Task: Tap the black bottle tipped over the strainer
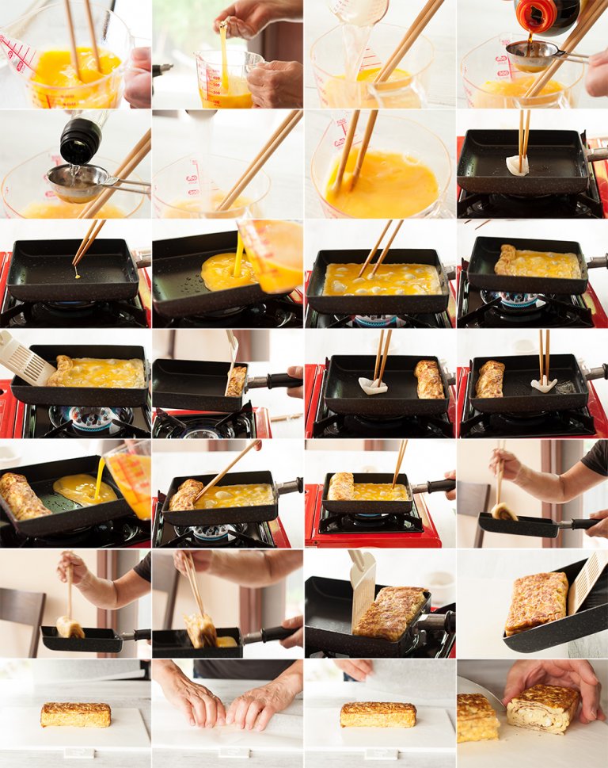pos(81,139)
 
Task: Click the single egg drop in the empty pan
pos(77,276)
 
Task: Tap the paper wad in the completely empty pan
pos(518,164)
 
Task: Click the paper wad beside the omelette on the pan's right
pos(372,385)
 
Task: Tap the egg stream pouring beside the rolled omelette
pos(99,477)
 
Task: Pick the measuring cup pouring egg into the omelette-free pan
pos(272,254)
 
